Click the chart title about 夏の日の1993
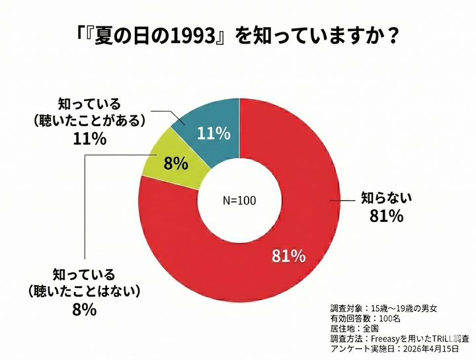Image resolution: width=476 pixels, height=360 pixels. [x=238, y=35]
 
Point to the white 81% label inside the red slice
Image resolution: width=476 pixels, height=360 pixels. [x=288, y=256]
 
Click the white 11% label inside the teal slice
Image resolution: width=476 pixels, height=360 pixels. [x=214, y=133]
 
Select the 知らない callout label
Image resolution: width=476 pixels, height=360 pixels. [x=385, y=197]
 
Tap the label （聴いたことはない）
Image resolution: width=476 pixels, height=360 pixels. [x=84, y=290]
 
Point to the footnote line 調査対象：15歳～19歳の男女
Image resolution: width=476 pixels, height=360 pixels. [x=383, y=308]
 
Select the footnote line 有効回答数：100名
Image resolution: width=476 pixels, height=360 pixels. [x=366, y=318]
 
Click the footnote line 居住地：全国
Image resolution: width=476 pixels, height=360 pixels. [x=355, y=328]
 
